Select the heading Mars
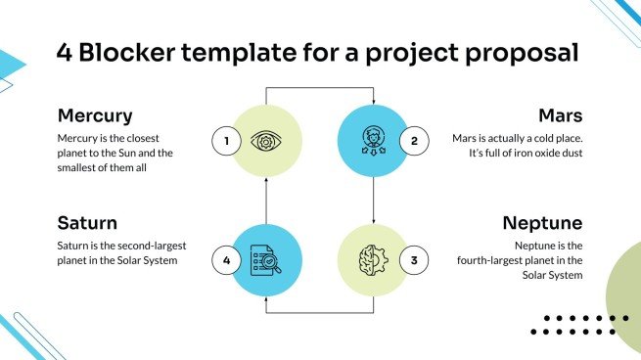click(561, 115)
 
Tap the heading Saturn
click(88, 223)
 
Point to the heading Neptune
click(543, 223)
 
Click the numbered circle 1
click(226, 142)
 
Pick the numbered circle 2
click(414, 142)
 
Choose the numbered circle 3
click(414, 260)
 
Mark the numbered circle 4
click(226, 260)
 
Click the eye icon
click(265, 141)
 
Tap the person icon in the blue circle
click(374, 141)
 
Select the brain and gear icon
click(374, 260)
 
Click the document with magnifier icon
click(265, 260)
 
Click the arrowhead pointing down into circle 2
click(374, 101)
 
